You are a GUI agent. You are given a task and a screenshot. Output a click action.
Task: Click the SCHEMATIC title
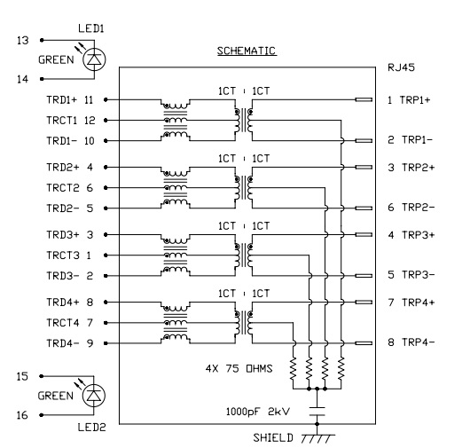[247, 51]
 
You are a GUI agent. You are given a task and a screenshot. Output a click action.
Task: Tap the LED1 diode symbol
[94, 59]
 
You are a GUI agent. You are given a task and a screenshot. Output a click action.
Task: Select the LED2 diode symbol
[94, 396]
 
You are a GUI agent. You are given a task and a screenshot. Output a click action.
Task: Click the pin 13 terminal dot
[42, 40]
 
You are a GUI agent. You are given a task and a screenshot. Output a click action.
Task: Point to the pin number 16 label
[22, 415]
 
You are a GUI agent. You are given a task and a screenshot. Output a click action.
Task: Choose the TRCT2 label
[63, 188]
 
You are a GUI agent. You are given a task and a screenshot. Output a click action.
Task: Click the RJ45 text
[401, 67]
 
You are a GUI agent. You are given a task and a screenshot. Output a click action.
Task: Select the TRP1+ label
[415, 100]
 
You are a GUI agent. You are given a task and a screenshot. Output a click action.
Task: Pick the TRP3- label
[419, 275]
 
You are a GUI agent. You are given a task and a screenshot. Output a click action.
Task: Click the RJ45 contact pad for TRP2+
[364, 168]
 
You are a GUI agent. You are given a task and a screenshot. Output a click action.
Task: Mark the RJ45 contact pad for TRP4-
[364, 343]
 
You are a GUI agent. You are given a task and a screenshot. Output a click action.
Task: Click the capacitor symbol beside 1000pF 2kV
[317, 412]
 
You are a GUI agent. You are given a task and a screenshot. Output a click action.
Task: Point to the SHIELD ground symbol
[317, 438]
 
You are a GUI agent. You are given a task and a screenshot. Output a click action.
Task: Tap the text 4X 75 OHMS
[239, 368]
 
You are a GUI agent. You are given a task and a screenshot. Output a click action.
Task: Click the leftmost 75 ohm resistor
[294, 368]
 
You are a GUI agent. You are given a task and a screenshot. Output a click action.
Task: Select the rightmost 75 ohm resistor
[341, 368]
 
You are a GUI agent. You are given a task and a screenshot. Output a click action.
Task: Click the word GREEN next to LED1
[56, 60]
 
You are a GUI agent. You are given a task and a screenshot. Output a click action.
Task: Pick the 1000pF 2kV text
[258, 412]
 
